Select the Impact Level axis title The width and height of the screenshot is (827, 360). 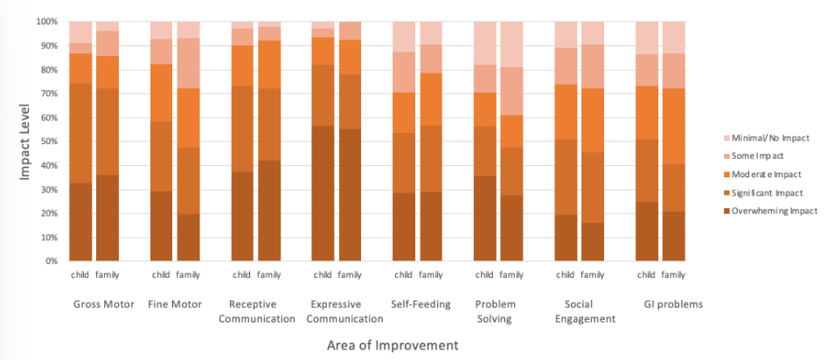pos(27,142)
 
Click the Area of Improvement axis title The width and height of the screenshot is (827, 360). pos(393,345)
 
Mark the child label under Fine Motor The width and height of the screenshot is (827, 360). pos(161,275)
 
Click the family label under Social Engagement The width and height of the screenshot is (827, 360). pos(593,275)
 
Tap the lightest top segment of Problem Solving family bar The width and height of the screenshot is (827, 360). pos(512,45)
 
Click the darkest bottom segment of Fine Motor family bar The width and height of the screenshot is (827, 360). pos(188,237)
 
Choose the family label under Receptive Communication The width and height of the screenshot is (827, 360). pos(268,275)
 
